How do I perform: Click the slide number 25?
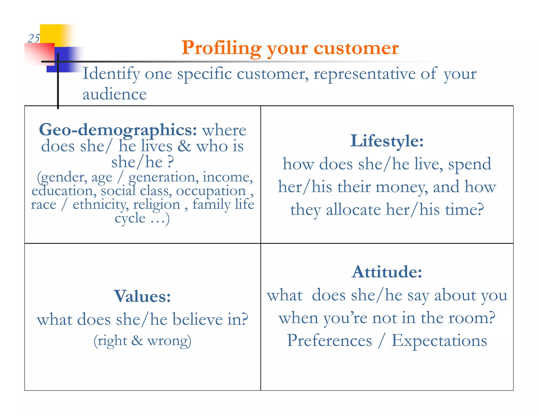34,39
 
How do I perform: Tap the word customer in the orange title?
356,48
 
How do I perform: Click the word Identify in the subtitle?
111,74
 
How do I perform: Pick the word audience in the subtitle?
115,94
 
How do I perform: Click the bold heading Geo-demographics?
118,130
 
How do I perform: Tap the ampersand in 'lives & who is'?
184,146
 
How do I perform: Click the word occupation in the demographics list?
211,191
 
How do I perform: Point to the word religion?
157,205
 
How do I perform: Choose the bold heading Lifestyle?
387,141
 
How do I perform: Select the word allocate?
353,210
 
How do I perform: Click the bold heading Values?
142,296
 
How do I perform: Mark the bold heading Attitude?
387,272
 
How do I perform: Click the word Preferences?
329,341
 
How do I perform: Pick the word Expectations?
439,341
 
